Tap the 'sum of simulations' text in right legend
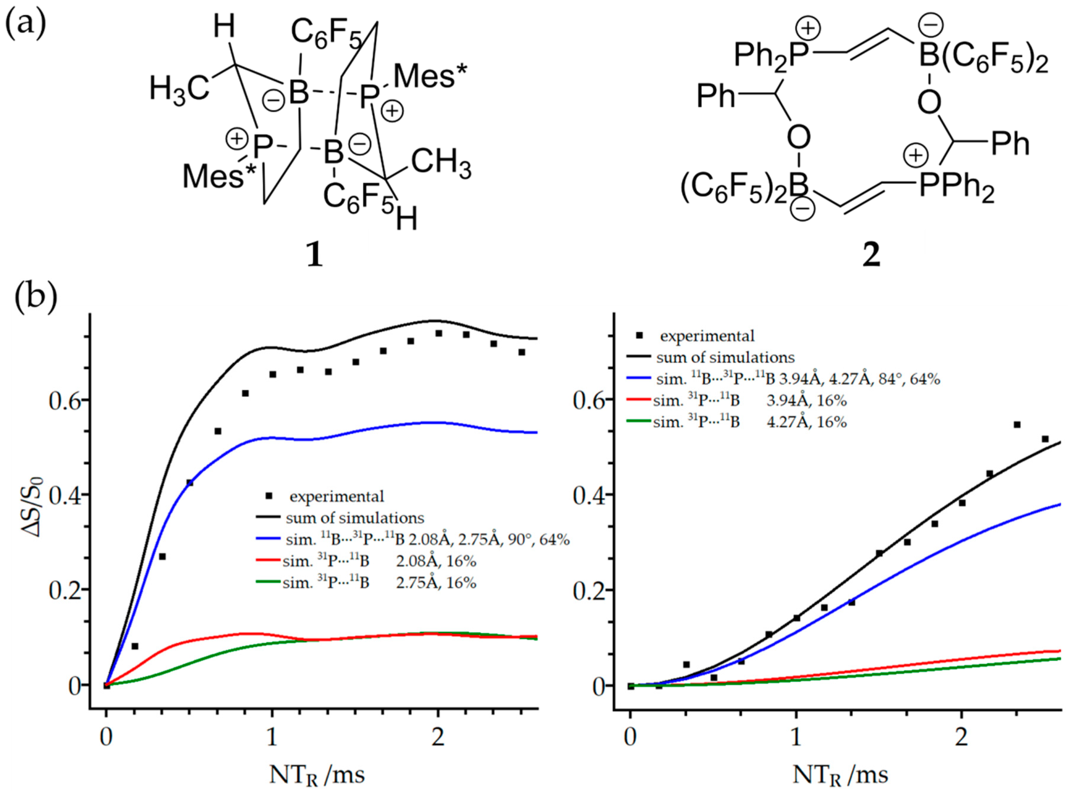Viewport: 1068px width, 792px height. click(725, 357)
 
